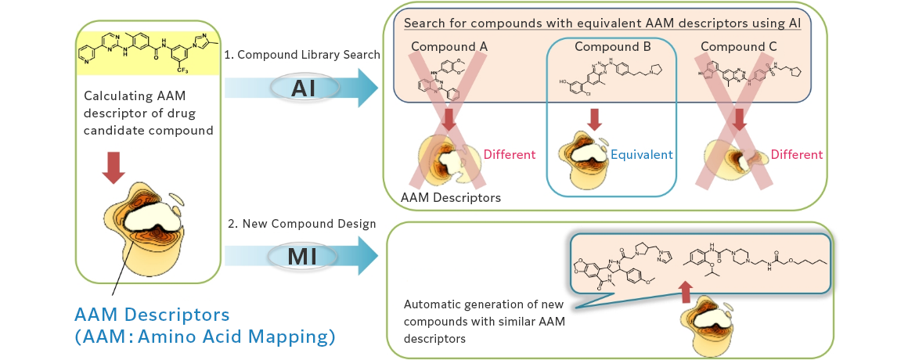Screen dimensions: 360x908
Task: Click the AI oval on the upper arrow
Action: tap(303, 88)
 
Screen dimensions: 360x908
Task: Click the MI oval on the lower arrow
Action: tap(303, 256)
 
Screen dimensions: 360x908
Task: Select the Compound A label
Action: tap(449, 47)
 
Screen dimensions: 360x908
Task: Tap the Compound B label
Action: tap(613, 47)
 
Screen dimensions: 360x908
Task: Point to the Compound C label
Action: tap(739, 47)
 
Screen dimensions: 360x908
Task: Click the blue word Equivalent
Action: tap(641, 155)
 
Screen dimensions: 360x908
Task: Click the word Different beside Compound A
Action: tap(509, 155)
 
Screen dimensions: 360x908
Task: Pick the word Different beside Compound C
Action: tap(797, 155)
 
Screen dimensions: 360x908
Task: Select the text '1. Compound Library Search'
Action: tap(302, 55)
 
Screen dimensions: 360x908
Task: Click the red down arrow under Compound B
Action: tap(594, 120)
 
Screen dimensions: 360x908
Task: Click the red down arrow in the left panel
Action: tap(113, 167)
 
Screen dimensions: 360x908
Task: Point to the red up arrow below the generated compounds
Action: tap(686, 292)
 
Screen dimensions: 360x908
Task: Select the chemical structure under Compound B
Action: tap(607, 79)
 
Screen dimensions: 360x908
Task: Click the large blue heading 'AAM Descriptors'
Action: tap(152, 315)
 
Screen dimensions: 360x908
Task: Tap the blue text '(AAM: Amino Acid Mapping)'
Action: tap(205, 337)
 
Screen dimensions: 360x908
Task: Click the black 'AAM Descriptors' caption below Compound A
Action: tap(451, 198)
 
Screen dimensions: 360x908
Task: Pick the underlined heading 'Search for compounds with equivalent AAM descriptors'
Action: tap(602, 23)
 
